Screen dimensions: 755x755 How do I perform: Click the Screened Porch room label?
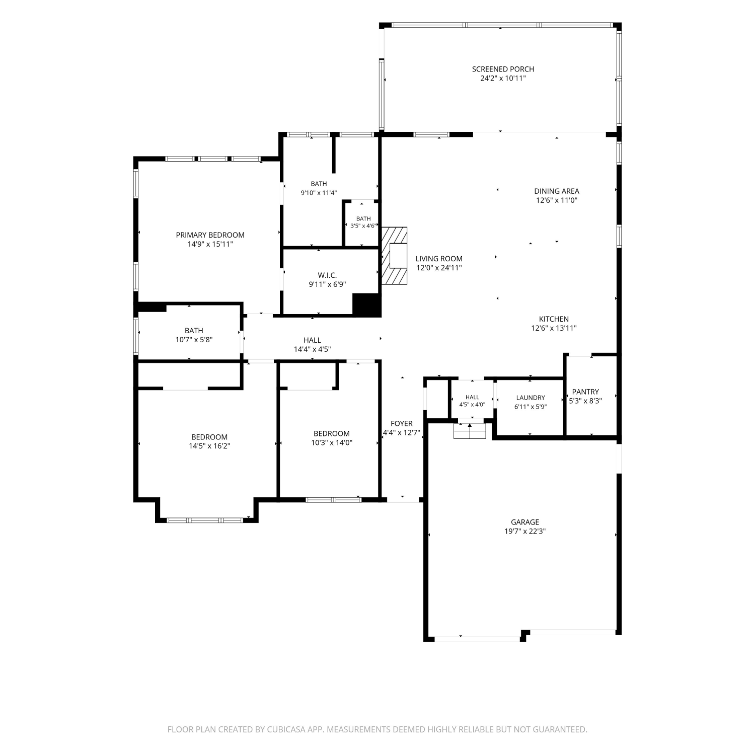(x=503, y=69)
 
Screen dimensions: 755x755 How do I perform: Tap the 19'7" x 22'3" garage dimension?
(x=525, y=531)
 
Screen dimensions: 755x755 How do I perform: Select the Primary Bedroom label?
(x=210, y=235)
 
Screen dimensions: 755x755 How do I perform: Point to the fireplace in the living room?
(x=394, y=256)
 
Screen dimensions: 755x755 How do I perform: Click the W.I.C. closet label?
(x=327, y=275)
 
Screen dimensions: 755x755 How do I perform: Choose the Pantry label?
(x=585, y=392)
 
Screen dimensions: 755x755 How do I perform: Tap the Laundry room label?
(x=531, y=398)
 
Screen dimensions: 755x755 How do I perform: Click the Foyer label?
(x=402, y=424)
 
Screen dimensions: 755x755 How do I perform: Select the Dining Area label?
(x=556, y=191)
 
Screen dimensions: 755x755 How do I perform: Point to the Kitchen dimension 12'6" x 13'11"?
(x=554, y=328)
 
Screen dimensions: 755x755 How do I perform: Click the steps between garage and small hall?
(x=470, y=431)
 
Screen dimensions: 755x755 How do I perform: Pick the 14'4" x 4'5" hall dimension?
(x=312, y=349)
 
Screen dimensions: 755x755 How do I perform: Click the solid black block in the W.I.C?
(x=367, y=305)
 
